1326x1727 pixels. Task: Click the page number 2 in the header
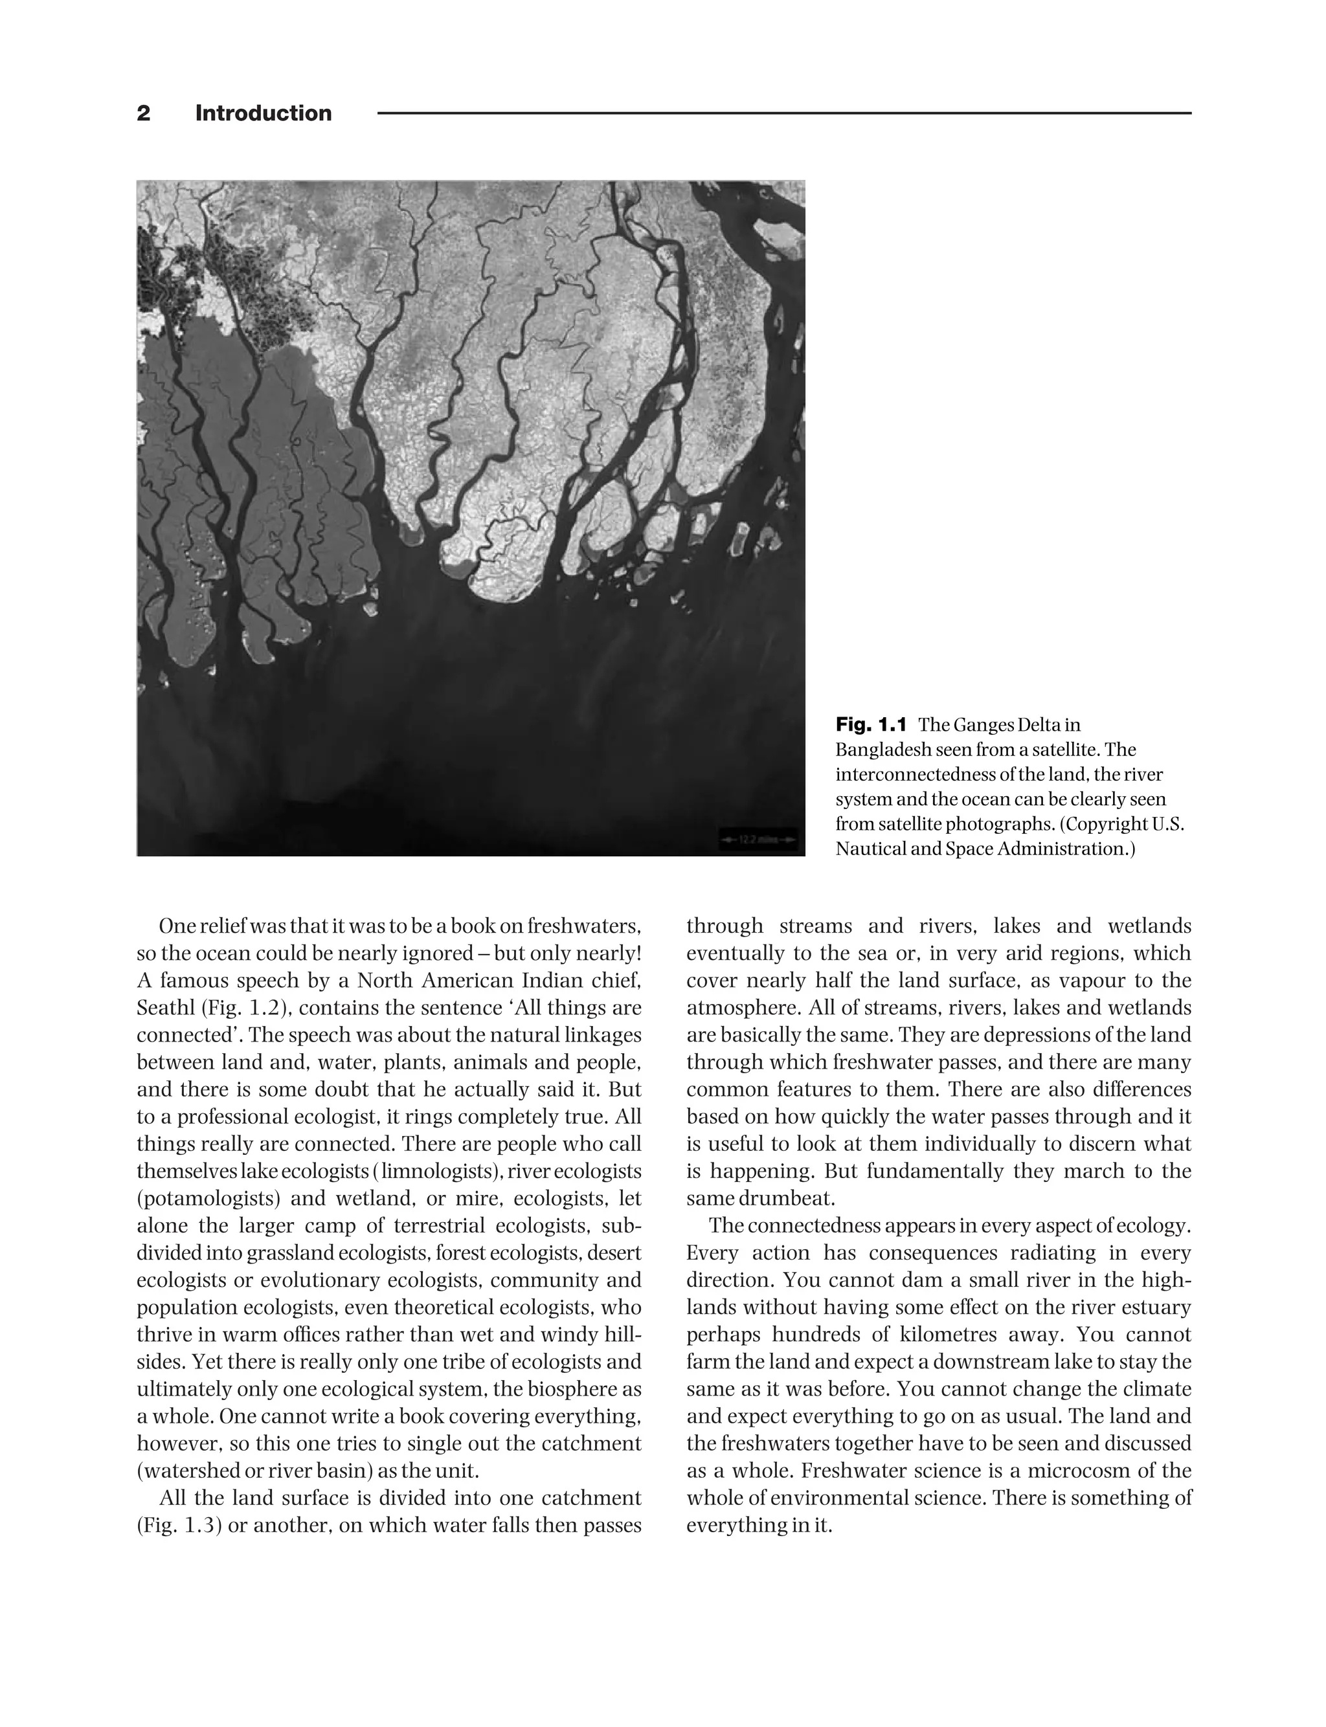pyautogui.click(x=143, y=114)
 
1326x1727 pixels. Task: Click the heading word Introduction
pyautogui.click(x=263, y=114)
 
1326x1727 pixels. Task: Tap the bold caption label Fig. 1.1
pyautogui.click(x=871, y=724)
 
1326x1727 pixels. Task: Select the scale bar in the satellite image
pyautogui.click(x=759, y=840)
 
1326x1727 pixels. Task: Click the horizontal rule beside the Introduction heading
pyautogui.click(x=785, y=114)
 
